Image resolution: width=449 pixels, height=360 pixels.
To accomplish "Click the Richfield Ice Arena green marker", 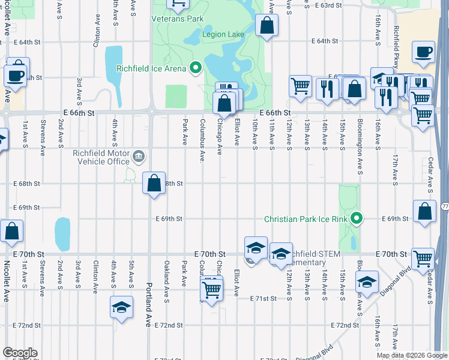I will point(195,68).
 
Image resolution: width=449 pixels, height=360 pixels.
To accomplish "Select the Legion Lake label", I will point(223,34).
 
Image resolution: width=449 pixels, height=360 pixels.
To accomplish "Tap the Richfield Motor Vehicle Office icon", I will point(139,157).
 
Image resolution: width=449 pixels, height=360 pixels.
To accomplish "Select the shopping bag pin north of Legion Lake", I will point(267,26).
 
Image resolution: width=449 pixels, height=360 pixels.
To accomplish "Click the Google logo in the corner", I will point(19,353).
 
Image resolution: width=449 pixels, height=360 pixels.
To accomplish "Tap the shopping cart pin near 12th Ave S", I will point(300,85).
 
